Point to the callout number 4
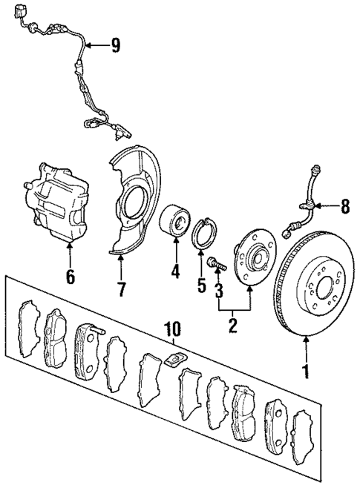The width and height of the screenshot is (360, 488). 176,271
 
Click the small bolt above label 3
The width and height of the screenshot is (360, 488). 215,262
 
